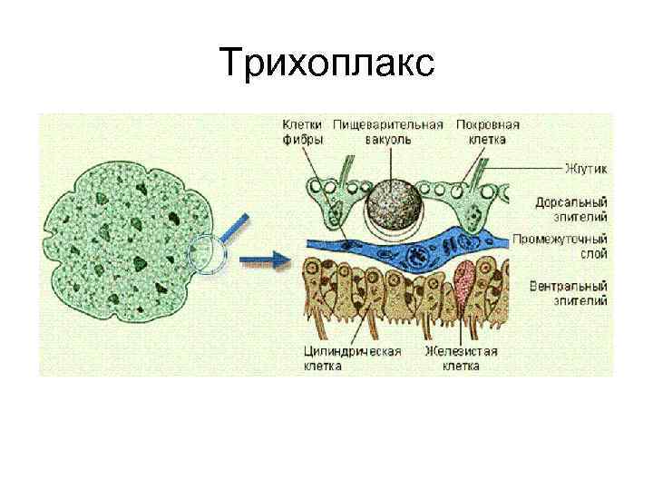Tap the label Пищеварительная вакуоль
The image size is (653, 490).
pos(387,132)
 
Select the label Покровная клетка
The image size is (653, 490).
pos(487,132)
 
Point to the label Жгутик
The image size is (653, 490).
pos(586,169)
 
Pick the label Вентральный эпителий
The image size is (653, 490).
pos(569,293)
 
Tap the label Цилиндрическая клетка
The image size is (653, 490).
pos(353,358)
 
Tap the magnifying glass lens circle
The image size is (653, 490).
pos(206,254)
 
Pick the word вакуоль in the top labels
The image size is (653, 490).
pos(387,140)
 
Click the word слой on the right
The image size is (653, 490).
pos(589,254)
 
